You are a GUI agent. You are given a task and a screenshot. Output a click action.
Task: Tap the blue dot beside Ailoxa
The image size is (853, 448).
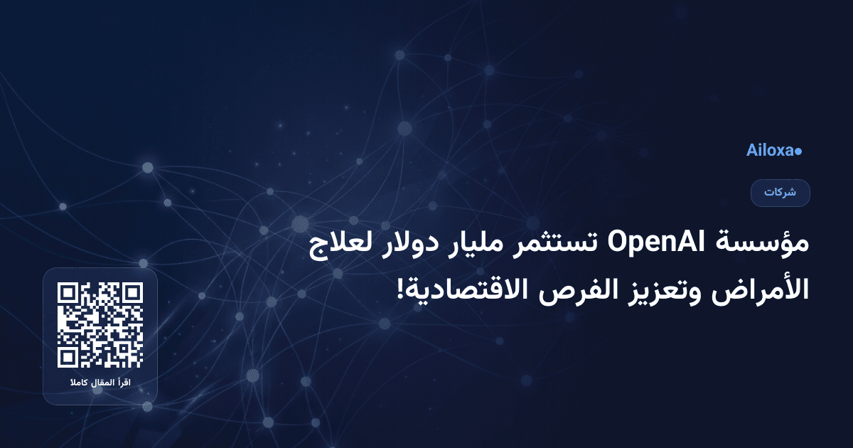pos(798,151)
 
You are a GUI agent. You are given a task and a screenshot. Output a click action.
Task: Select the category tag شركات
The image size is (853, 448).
pos(780,193)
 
